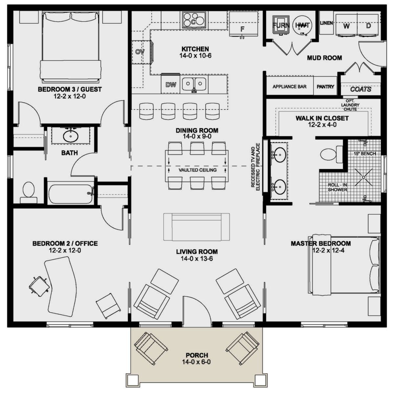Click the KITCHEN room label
click(x=195, y=49)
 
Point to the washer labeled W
click(x=346, y=25)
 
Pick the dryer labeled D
click(x=368, y=25)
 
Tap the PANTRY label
click(x=325, y=87)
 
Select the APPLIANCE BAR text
click(x=290, y=87)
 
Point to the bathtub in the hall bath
click(x=71, y=194)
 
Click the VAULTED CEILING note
click(x=198, y=170)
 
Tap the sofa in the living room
click(x=196, y=227)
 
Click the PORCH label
click(x=197, y=355)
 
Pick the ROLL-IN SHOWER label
click(x=338, y=187)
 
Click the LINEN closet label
click(x=326, y=23)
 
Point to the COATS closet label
click(x=361, y=89)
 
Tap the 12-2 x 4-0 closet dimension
click(x=322, y=125)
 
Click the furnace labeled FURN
click(x=281, y=25)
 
